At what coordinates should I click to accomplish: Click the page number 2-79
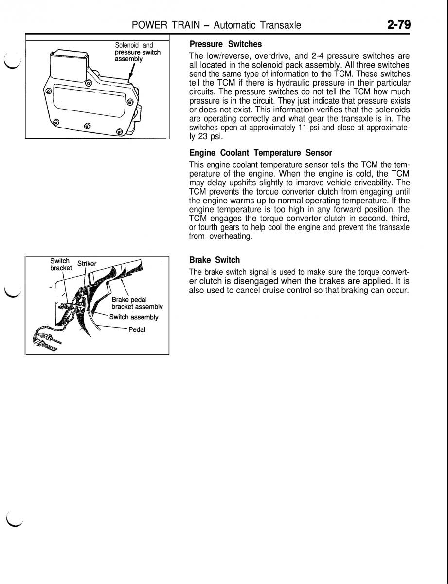[x=398, y=24]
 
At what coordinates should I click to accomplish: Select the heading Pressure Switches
[x=226, y=44]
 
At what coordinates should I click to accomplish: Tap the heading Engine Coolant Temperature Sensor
[x=261, y=153]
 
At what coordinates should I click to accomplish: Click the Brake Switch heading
[x=215, y=260]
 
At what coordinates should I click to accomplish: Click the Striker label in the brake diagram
[x=87, y=264]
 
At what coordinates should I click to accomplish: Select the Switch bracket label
[x=60, y=264]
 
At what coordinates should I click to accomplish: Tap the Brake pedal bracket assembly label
[x=136, y=303]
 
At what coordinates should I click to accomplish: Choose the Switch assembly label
[x=134, y=317]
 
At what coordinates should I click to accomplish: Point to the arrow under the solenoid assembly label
[x=131, y=73]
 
